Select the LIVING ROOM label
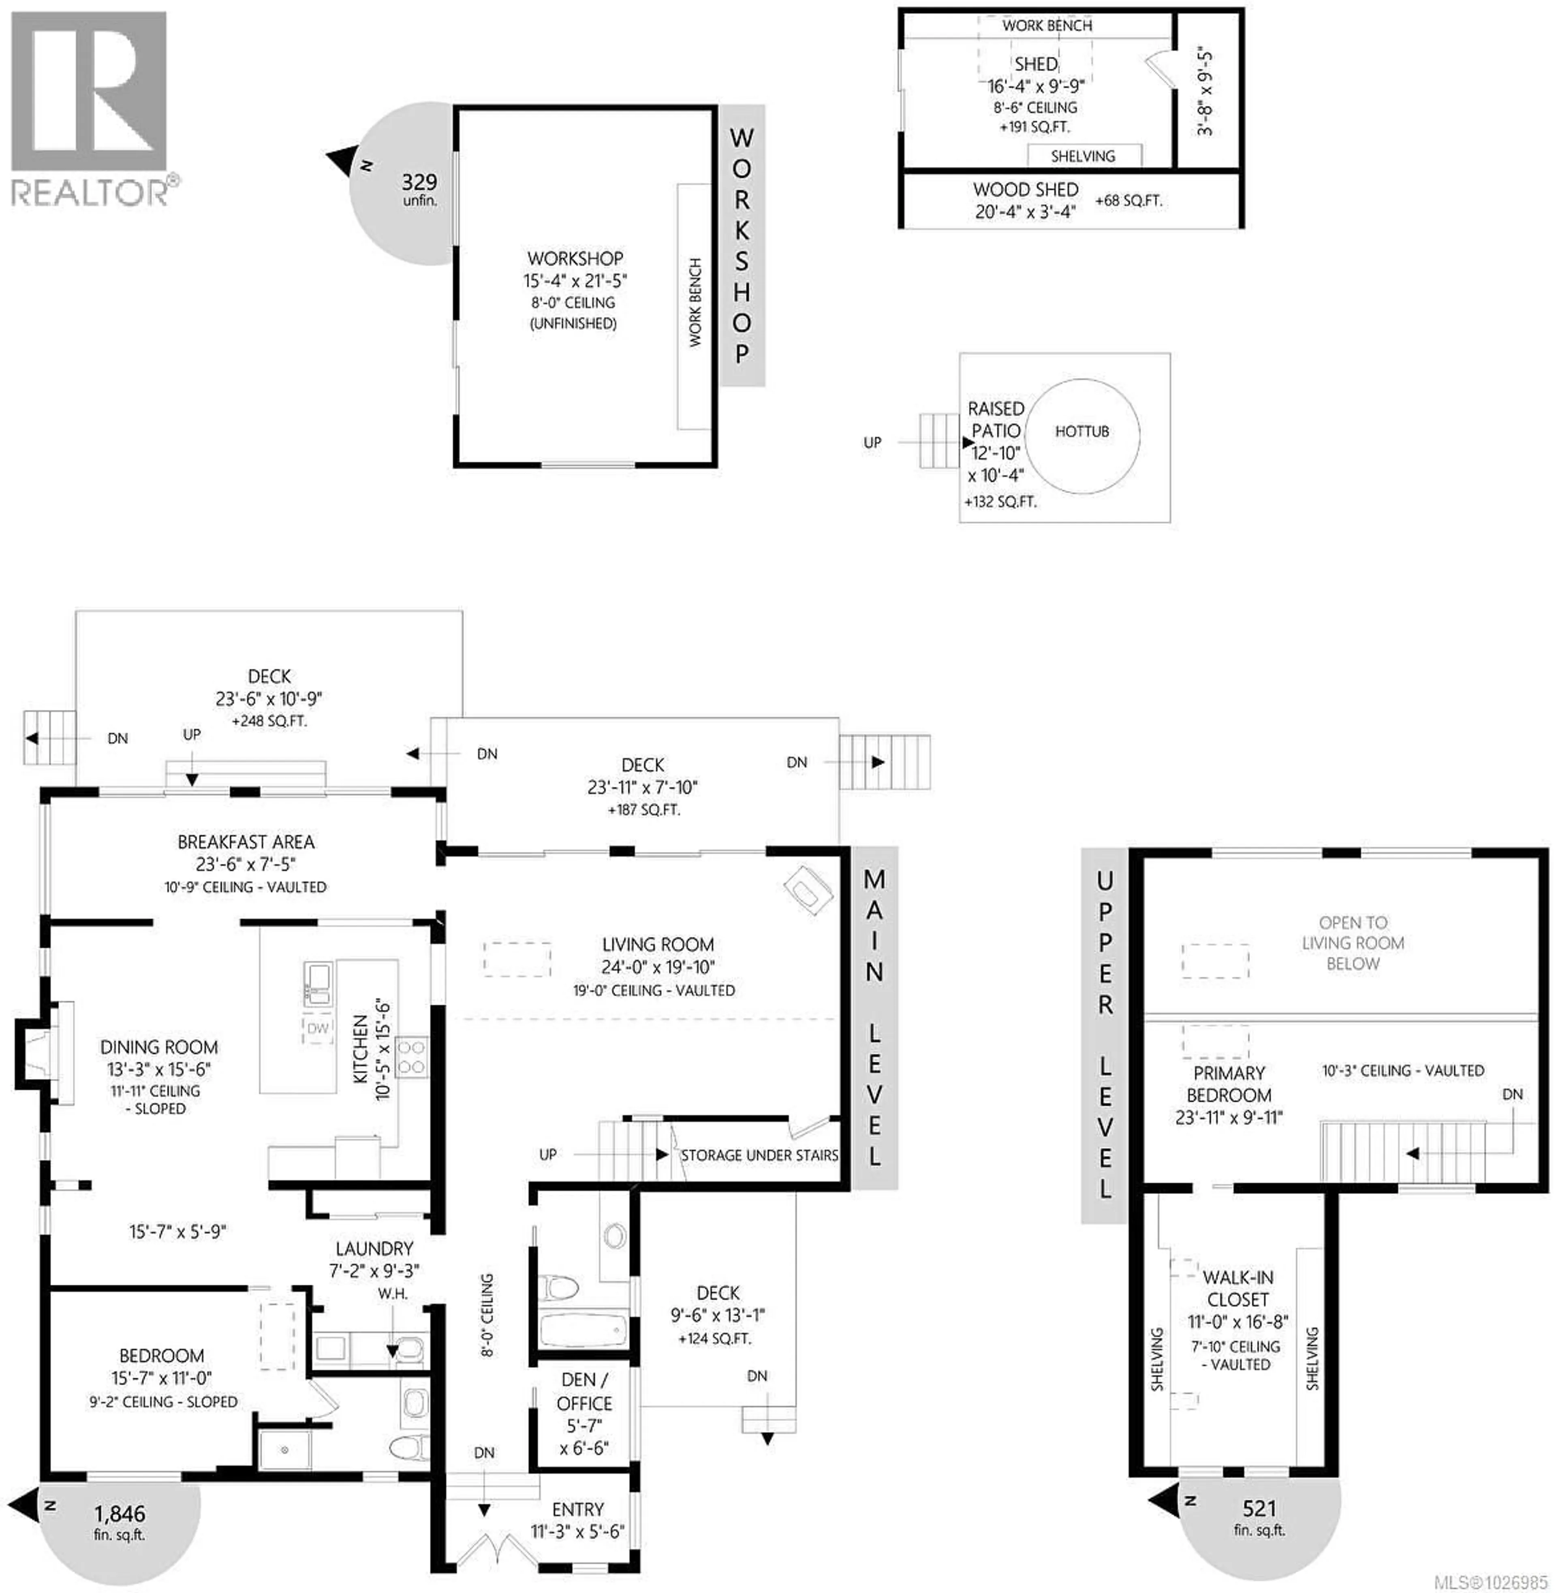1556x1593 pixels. point(658,945)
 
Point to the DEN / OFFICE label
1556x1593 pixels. point(584,1391)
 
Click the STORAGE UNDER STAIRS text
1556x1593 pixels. point(759,1155)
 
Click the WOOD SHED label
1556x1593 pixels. point(1026,190)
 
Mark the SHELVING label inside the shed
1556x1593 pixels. point(1083,156)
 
